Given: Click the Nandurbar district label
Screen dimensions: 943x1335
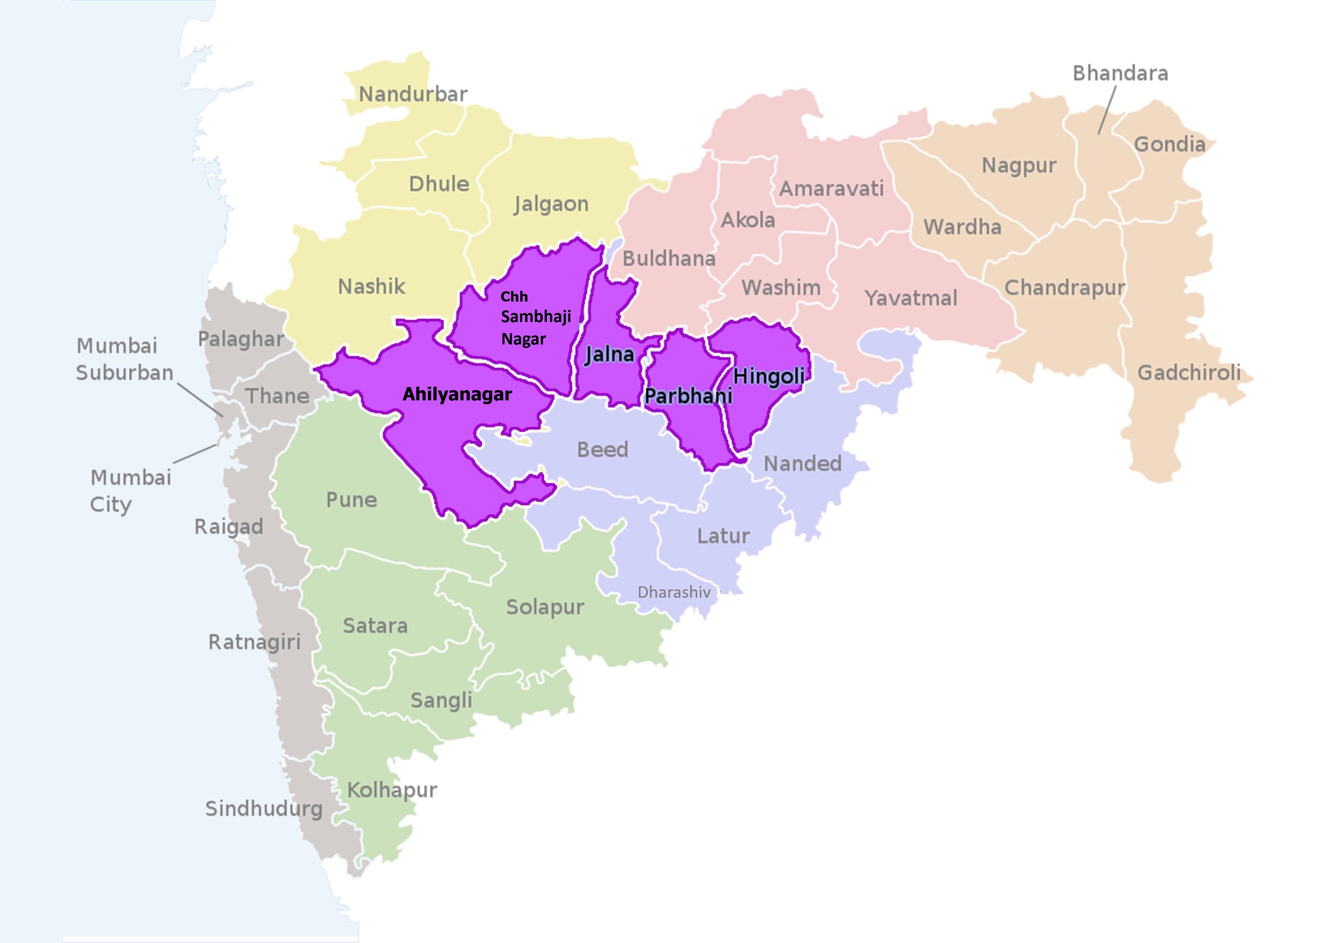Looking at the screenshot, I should (x=413, y=94).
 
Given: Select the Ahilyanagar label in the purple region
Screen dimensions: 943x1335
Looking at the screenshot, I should (x=457, y=395).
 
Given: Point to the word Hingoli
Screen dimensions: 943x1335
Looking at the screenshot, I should (x=769, y=376).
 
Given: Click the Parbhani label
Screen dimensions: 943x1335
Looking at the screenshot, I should (x=688, y=396).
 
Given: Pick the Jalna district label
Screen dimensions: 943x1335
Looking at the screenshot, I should (x=609, y=354).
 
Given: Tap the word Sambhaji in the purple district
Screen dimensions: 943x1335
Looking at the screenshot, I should (x=535, y=317).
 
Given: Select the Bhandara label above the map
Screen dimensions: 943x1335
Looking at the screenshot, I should (x=1120, y=74).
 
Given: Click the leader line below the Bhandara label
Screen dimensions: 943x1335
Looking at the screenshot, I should (x=1107, y=110).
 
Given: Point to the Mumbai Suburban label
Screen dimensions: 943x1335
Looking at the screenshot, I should (x=124, y=359).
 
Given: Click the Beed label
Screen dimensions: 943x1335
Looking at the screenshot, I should (x=602, y=450).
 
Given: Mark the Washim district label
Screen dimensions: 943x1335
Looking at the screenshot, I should (x=781, y=287).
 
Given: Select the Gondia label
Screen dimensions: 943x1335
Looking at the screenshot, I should (x=1169, y=144).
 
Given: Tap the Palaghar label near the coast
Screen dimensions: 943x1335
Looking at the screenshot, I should (x=241, y=339).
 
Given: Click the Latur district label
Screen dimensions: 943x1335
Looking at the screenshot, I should (x=723, y=536).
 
